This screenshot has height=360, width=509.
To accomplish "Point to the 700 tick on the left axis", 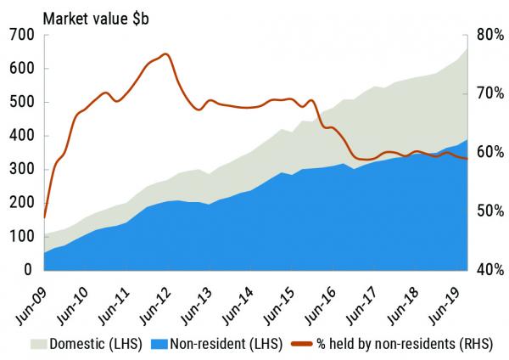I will (22, 35).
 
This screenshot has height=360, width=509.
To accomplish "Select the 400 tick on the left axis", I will (22, 136).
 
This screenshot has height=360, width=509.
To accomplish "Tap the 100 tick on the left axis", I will (22, 236).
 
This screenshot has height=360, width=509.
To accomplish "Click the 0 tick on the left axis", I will (28, 270).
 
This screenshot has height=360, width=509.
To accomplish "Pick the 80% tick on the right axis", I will (490, 35).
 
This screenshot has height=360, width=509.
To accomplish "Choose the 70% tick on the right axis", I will (490, 93).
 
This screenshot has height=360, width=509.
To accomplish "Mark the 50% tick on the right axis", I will (490, 211).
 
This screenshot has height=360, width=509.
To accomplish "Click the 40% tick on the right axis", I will (490, 270).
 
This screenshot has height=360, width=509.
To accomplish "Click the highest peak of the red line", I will (165, 54).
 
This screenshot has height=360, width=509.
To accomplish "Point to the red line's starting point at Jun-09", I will (44, 217).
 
